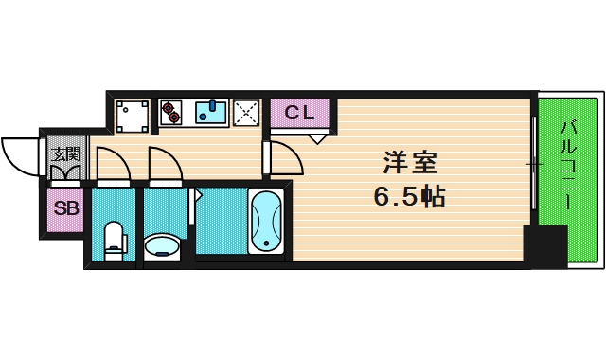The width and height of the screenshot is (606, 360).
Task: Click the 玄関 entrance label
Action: click(x=65, y=153)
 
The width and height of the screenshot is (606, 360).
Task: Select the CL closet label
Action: click(x=299, y=114)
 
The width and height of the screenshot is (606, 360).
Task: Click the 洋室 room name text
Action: click(x=410, y=162)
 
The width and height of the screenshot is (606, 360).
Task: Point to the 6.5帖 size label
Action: click(x=408, y=197)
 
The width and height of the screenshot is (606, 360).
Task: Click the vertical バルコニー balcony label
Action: click(x=567, y=166)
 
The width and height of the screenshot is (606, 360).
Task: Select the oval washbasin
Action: click(x=164, y=246)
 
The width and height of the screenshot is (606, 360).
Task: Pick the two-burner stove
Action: click(x=171, y=113)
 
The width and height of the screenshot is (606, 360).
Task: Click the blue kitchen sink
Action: click(x=211, y=114)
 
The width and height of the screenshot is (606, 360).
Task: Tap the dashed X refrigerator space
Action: click(x=246, y=113)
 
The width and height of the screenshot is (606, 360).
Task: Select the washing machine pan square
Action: click(x=132, y=115)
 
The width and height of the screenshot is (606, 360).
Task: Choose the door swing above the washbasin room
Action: click(x=163, y=163)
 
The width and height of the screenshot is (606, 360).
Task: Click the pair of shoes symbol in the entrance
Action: click(x=66, y=172)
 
